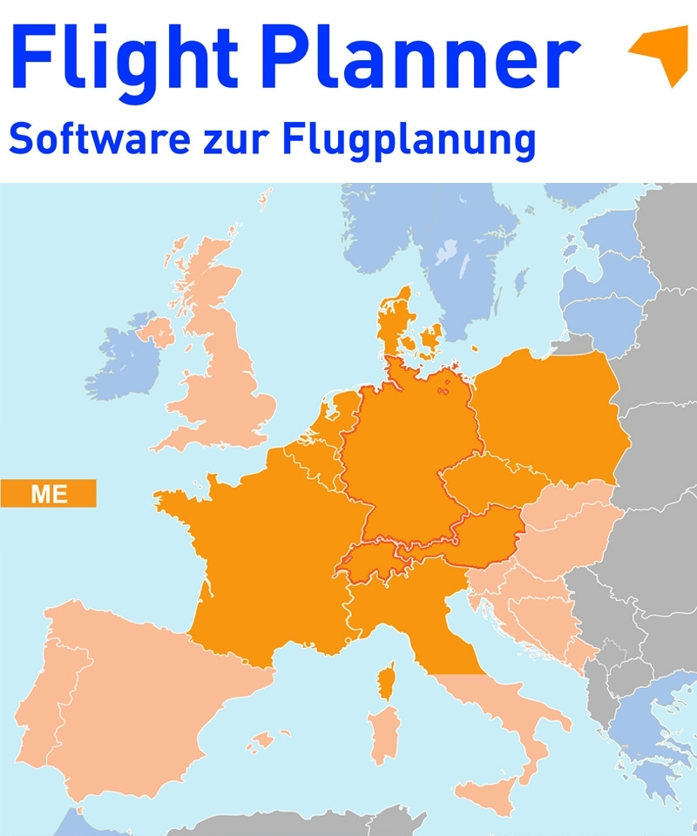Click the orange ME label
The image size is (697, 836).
pyautogui.click(x=49, y=493)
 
